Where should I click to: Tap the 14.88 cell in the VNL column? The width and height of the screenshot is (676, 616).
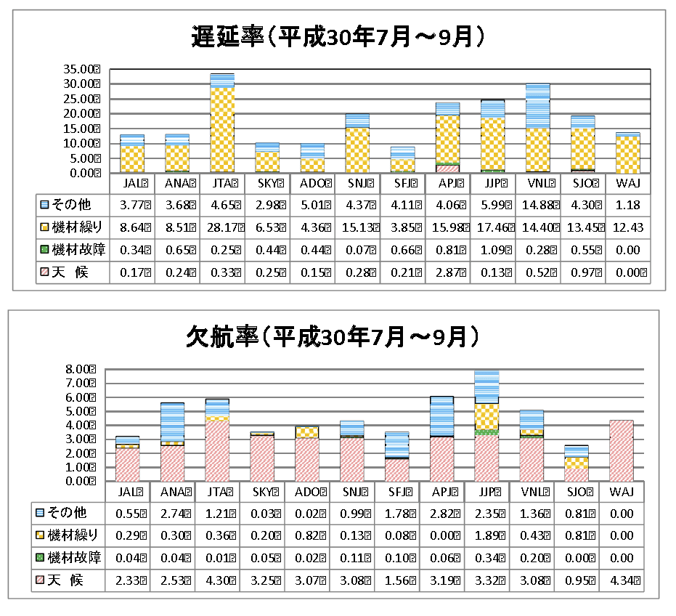pyautogui.click(x=537, y=205)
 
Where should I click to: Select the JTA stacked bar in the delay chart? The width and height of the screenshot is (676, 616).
pyautogui.click(x=221, y=123)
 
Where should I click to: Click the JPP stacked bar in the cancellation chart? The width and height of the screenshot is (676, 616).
pyautogui.click(x=486, y=426)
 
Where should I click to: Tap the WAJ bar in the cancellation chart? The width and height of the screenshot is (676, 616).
pyautogui.click(x=621, y=450)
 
